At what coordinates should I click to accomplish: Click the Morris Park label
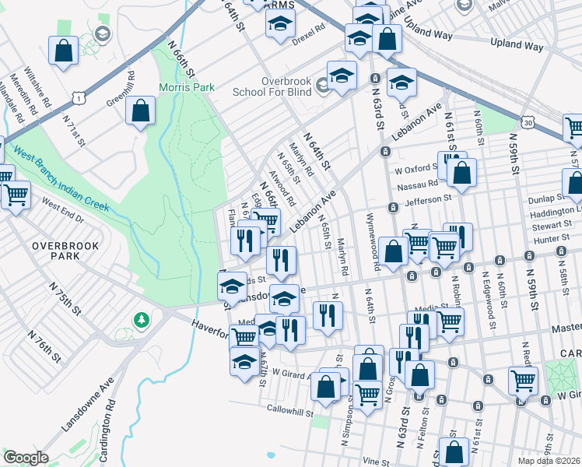(x=187, y=87)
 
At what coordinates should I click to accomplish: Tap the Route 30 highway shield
(x=528, y=122)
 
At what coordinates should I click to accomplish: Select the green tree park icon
(x=141, y=320)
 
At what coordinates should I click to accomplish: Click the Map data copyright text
(x=549, y=461)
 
